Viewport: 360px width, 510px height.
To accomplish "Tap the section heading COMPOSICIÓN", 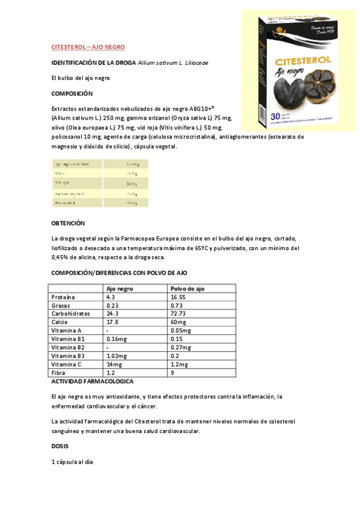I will tap(72, 93).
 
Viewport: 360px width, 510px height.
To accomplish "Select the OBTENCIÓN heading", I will tap(69, 223).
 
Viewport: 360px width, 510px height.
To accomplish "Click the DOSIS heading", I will tap(61, 447).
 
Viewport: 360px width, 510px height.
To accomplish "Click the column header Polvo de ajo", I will tap(188, 289).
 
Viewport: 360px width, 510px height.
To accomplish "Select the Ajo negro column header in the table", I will tap(119, 289).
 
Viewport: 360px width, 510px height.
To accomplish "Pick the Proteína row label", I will tap(63, 297).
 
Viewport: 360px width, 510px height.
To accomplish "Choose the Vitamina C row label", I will tap(66, 364).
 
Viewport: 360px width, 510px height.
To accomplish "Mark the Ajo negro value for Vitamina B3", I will tap(117, 356).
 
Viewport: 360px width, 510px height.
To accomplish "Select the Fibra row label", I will tap(59, 373).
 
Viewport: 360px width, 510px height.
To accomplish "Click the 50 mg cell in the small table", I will tap(132, 183).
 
